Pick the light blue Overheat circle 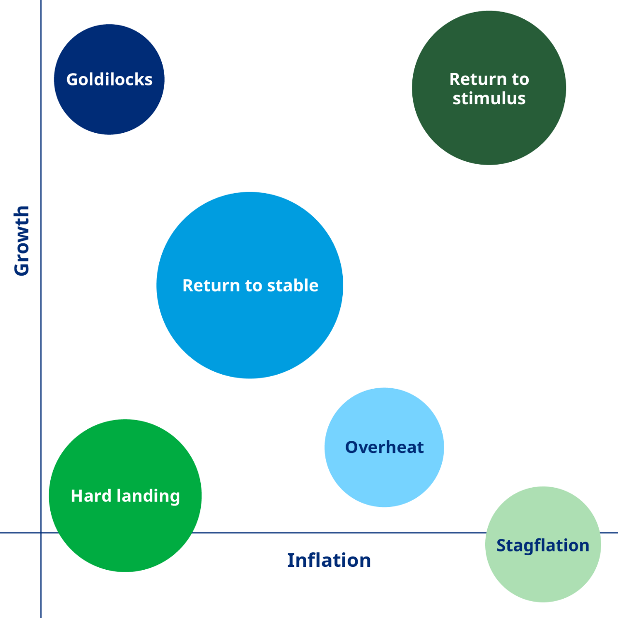[x=384, y=478]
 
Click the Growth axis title [x=22, y=241]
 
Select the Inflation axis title [x=329, y=561]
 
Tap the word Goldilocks [x=109, y=80]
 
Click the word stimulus [x=489, y=98]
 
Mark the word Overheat [x=384, y=447]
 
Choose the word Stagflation [x=543, y=546]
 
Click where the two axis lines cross [x=41, y=533]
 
